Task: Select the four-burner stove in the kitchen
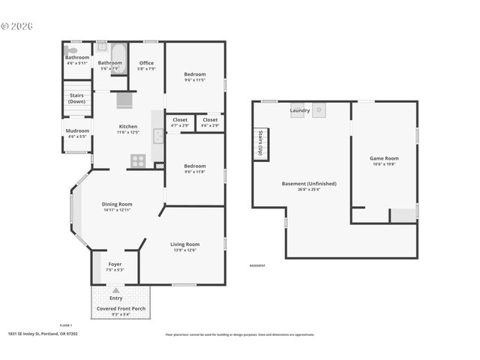138,159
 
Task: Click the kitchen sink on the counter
158,135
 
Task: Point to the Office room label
146,63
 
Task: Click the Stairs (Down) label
76,98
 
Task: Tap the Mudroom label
77,131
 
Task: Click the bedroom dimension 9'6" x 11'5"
195,80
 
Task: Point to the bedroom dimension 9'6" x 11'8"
195,172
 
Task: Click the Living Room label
184,244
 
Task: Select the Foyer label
115,264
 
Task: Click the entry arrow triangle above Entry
115,289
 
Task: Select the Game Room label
383,158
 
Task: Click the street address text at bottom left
43,334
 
